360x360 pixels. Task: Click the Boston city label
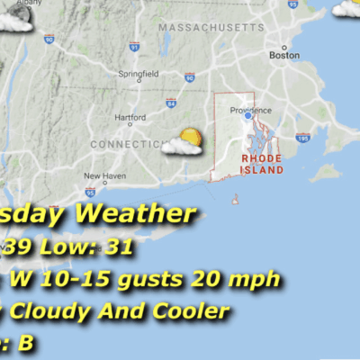pos(283,55)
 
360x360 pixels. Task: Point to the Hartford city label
pos(130,117)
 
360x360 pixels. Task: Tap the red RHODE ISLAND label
pos(263,163)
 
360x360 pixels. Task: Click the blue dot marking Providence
pos(247,115)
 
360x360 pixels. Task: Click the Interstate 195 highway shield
pos(303,138)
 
